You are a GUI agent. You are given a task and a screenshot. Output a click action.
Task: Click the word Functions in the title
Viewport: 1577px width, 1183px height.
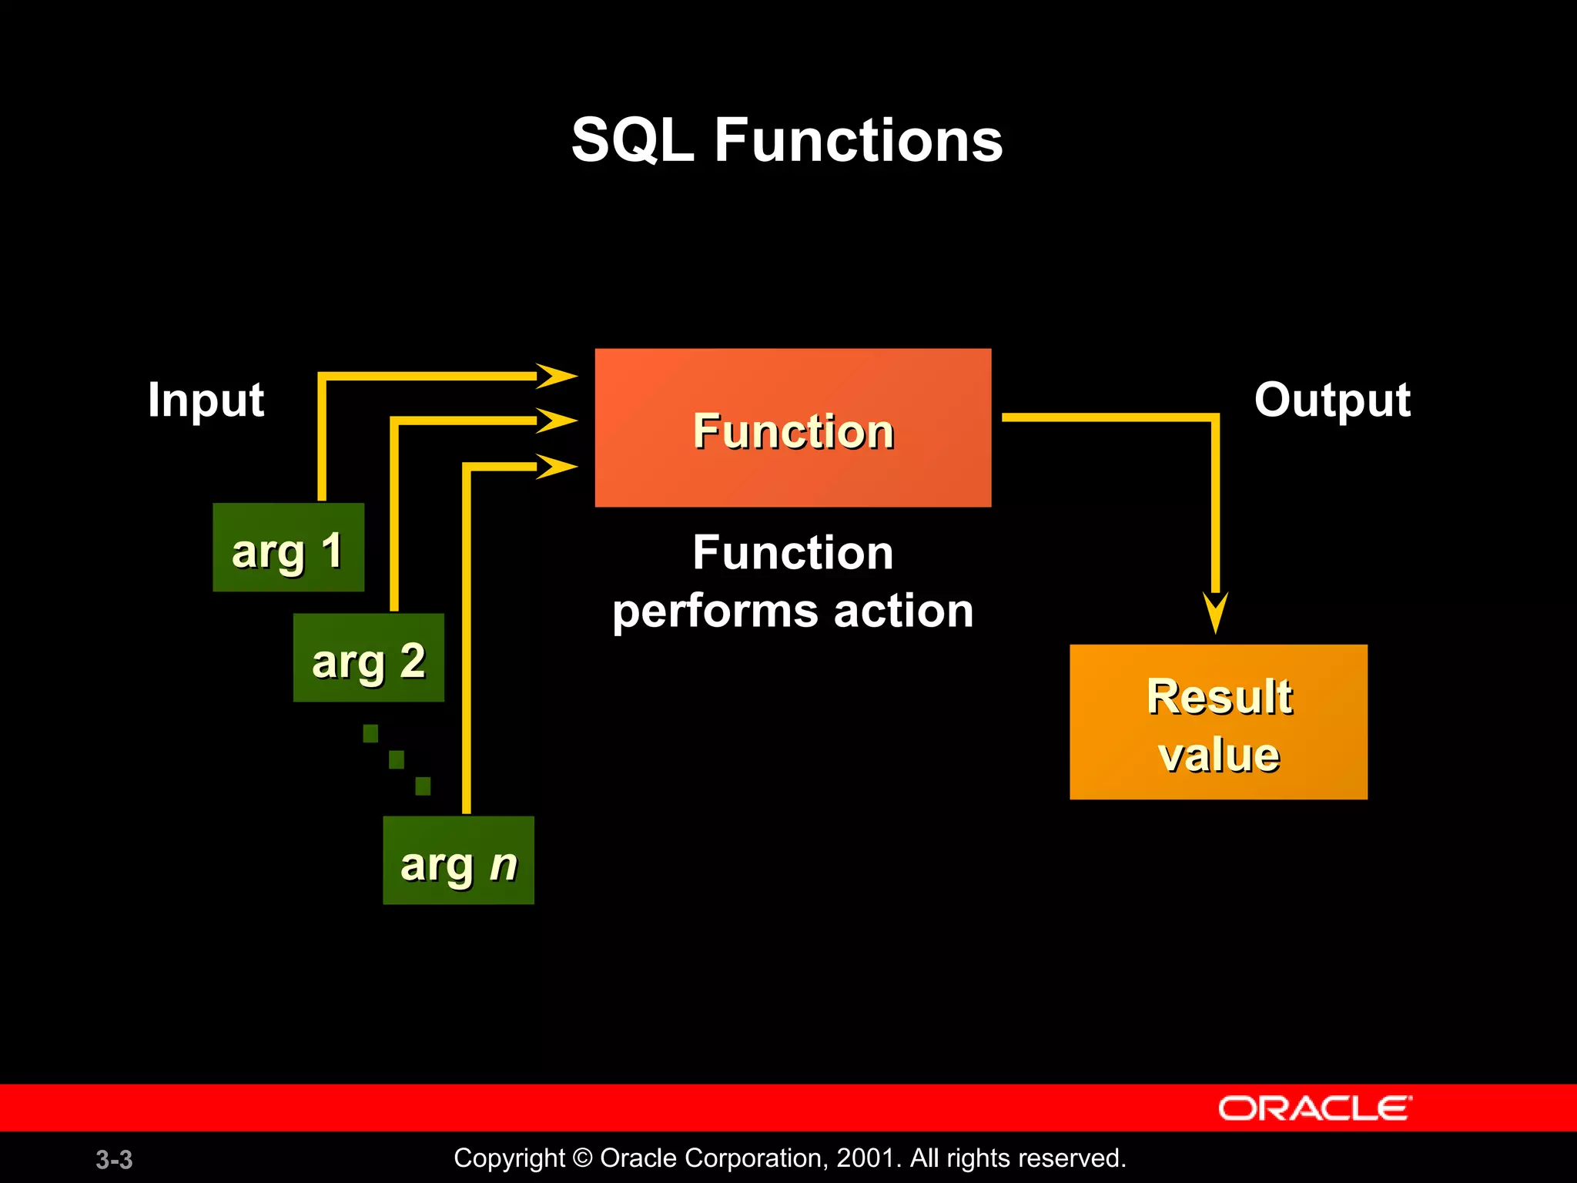pos(859,141)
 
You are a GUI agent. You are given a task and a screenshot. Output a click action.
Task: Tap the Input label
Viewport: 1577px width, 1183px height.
pos(206,400)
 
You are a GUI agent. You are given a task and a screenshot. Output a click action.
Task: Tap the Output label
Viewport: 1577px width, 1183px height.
pos(1332,400)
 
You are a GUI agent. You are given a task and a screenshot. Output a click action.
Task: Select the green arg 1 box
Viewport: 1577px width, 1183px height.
pos(288,548)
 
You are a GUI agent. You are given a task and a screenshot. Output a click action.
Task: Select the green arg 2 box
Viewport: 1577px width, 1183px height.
pos(368,658)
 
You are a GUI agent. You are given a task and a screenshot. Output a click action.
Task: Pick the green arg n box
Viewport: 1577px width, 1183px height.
pos(458,860)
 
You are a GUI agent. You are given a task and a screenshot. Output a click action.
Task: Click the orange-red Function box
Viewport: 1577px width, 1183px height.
pos(793,427)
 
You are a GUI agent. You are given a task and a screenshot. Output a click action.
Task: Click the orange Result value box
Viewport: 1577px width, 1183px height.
pos(1218,722)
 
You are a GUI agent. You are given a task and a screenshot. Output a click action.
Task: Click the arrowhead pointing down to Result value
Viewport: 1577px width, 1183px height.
pos(1215,610)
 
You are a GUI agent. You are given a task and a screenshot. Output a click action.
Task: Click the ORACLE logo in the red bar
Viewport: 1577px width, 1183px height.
pos(1314,1108)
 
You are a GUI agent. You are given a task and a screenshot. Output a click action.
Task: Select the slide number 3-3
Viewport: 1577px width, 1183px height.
pos(114,1159)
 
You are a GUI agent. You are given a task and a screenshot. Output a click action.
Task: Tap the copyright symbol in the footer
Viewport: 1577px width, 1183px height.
pos(583,1158)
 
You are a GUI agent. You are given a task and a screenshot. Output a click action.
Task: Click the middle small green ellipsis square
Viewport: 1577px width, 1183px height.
pos(397,760)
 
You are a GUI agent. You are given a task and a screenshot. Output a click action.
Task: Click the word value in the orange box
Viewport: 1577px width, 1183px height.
pos(1219,755)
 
